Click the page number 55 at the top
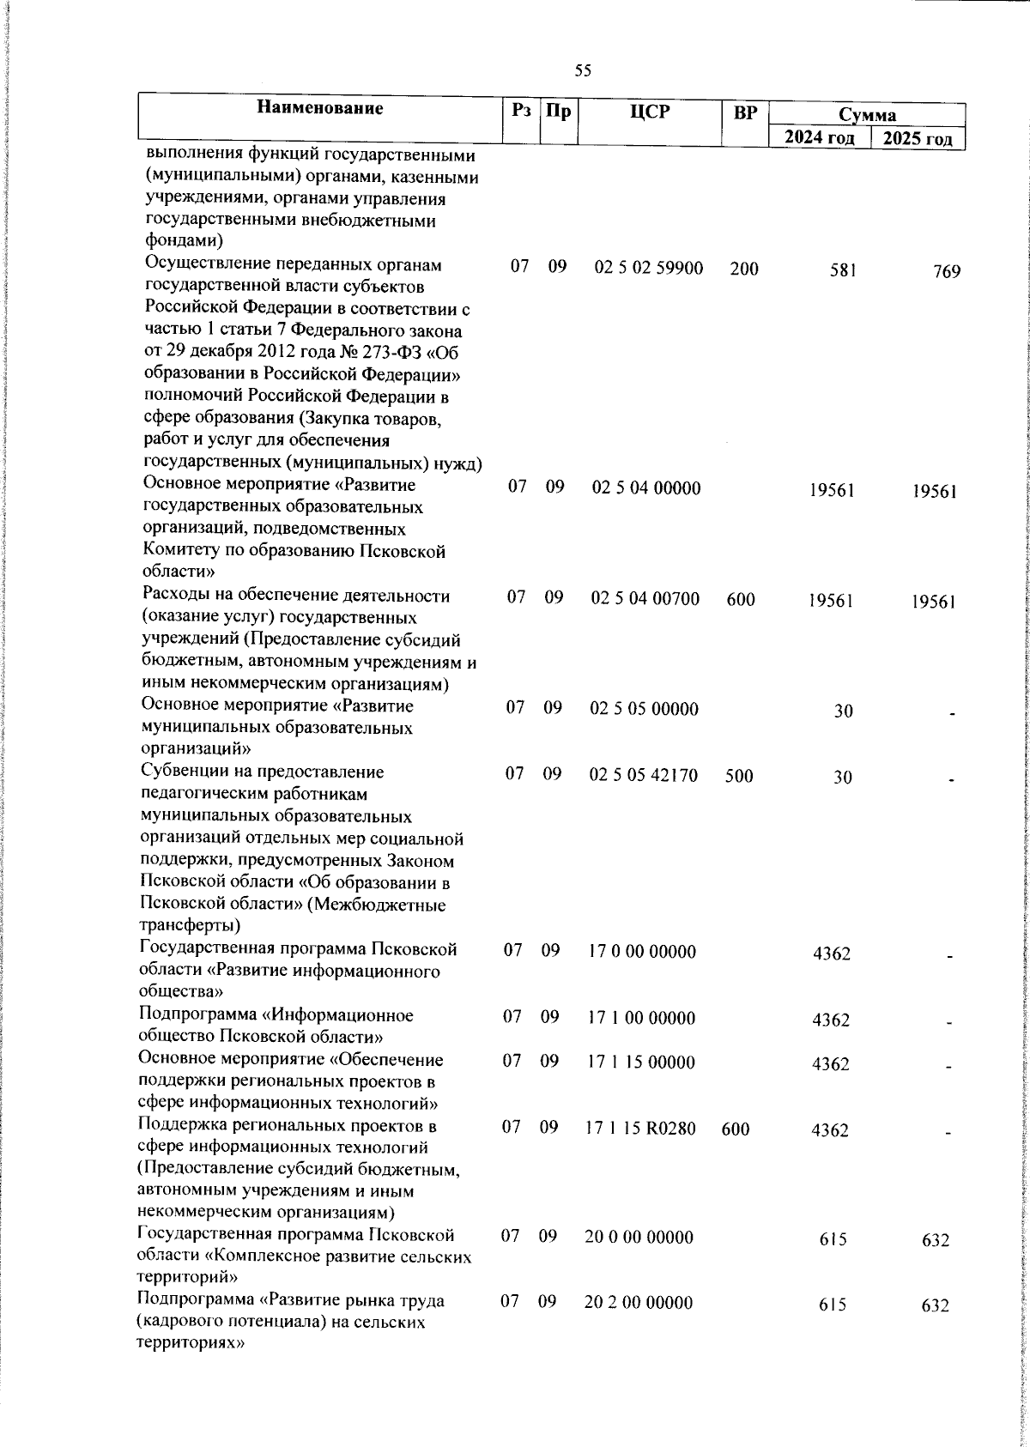click(x=583, y=71)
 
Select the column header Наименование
click(x=319, y=109)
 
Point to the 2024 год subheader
click(x=820, y=138)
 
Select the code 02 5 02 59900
click(x=648, y=269)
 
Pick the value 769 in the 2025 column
click(x=947, y=271)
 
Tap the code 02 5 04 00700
click(x=645, y=598)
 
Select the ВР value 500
click(x=738, y=776)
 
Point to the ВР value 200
click(x=744, y=269)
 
